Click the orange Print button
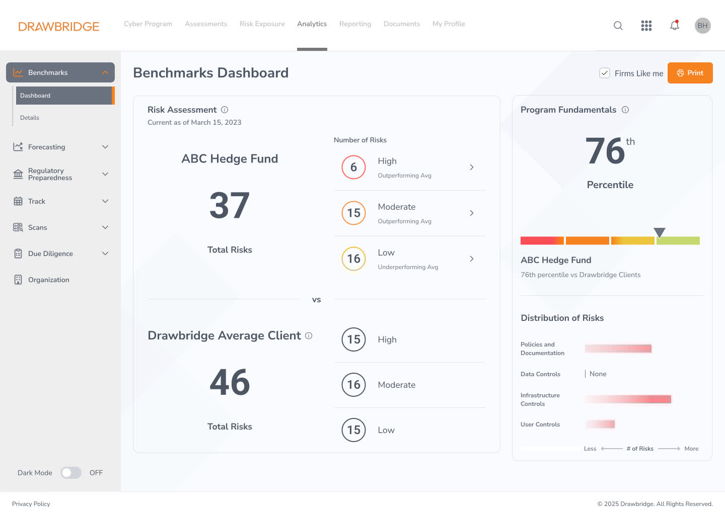pos(690,73)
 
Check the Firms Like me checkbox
pos(605,73)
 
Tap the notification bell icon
pos(675,25)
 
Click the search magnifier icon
pos(618,26)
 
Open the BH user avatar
pos(702,26)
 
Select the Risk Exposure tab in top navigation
pos(262,24)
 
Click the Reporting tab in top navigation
pos(355,24)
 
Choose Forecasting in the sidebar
pos(47,147)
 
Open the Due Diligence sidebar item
pos(50,253)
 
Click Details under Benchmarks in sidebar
pos(30,118)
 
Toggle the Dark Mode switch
pos(71,473)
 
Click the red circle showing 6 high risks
pos(353,167)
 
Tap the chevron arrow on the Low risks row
pos(472,259)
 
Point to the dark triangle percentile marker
pos(660,232)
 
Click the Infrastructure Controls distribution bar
pos(628,399)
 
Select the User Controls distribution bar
pos(600,424)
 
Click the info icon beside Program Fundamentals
pos(625,110)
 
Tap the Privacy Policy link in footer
pos(31,504)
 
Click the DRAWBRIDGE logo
pos(59,26)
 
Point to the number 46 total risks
pos(230,382)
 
